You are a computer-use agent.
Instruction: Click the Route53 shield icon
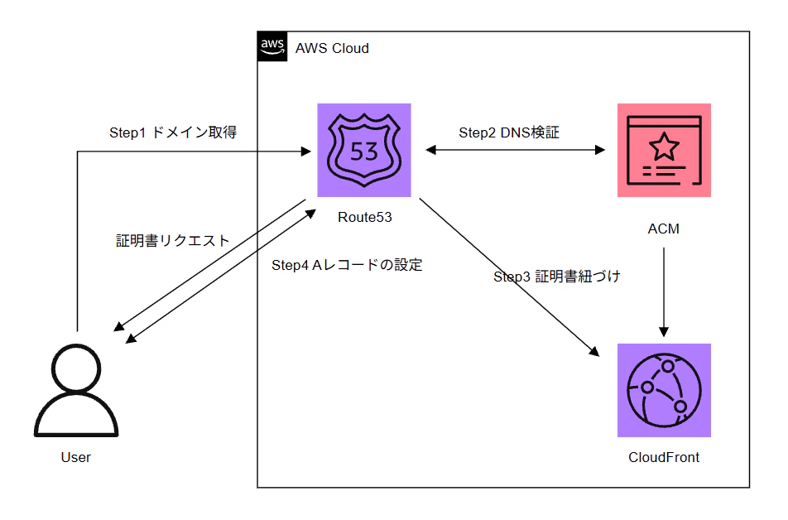[x=364, y=150]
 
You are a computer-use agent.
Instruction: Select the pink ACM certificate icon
[x=664, y=150]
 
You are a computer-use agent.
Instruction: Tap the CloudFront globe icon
[x=664, y=390]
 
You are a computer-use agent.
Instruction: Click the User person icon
[x=76, y=390]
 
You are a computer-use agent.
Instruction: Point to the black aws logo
[x=272, y=46]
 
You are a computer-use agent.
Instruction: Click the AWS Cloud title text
[x=332, y=48]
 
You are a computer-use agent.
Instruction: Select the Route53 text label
[x=365, y=217]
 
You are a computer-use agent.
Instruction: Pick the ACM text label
[x=663, y=229]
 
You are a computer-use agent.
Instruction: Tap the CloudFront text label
[x=664, y=457]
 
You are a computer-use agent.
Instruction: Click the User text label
[x=76, y=457]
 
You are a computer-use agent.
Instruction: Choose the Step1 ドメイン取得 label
[x=173, y=132]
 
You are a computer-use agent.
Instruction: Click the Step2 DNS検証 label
[x=509, y=132]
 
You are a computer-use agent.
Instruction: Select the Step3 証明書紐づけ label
[x=557, y=276]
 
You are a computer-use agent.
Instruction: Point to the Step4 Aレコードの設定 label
[x=347, y=264]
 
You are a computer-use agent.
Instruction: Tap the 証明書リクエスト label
[x=172, y=240]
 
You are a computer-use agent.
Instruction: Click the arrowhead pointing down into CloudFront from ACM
[x=664, y=332]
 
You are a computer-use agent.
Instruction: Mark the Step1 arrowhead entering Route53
[x=305, y=151]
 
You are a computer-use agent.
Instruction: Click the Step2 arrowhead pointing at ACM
[x=599, y=150]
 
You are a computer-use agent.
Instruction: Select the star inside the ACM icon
[x=664, y=146]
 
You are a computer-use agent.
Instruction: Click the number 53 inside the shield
[x=364, y=152]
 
